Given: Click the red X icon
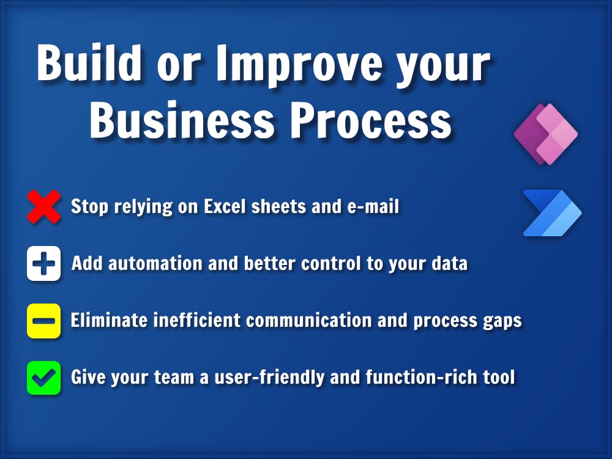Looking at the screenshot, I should (44, 206).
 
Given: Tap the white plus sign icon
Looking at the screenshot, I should (44, 264).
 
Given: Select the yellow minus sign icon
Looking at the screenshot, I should (44, 321).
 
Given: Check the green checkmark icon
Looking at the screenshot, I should (44, 378).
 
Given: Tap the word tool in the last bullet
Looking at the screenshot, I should (498, 377).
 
